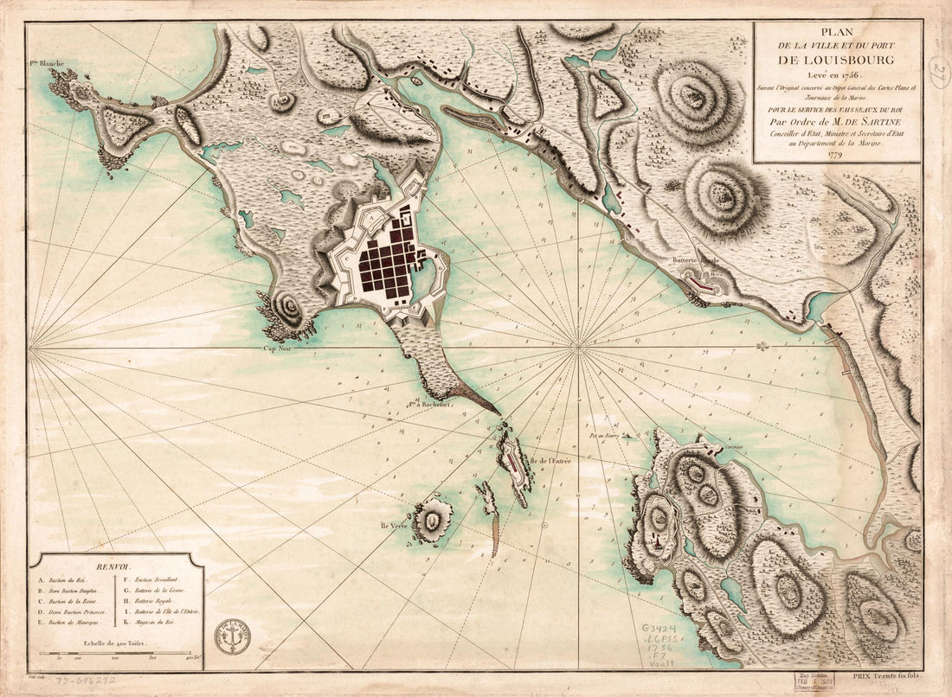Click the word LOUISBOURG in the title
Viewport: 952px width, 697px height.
pos(837,61)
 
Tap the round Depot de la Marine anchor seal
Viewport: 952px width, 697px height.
pos(233,636)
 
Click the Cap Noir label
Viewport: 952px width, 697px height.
pos(281,349)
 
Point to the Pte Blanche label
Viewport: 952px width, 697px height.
pos(48,62)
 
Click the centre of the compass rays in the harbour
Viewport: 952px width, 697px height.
pos(577,348)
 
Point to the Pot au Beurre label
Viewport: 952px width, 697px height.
pos(607,437)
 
